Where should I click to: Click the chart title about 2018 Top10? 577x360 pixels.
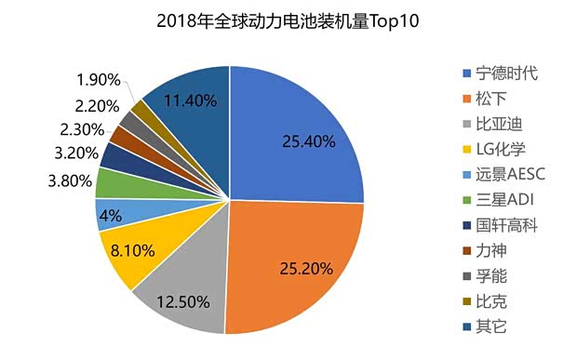click(288, 20)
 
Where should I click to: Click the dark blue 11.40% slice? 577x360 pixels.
click(191, 102)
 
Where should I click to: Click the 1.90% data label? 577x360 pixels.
click(97, 78)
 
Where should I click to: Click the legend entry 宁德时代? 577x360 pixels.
click(504, 73)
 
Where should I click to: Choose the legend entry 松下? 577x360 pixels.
click(490, 98)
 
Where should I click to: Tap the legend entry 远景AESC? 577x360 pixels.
click(508, 174)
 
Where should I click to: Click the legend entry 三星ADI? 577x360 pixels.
click(504, 199)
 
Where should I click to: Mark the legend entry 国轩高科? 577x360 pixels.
click(504, 224)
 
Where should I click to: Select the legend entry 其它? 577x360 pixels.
click(490, 326)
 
